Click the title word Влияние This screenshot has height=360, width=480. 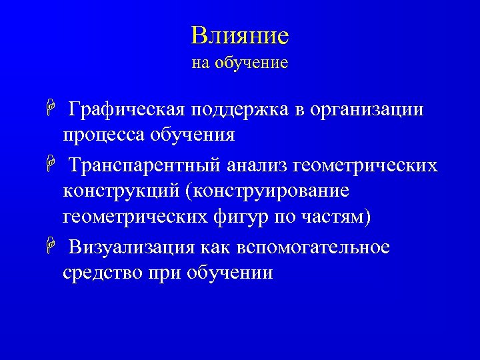[239, 35]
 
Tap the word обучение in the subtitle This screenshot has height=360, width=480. [251, 63]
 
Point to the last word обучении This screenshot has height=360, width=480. [231, 273]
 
